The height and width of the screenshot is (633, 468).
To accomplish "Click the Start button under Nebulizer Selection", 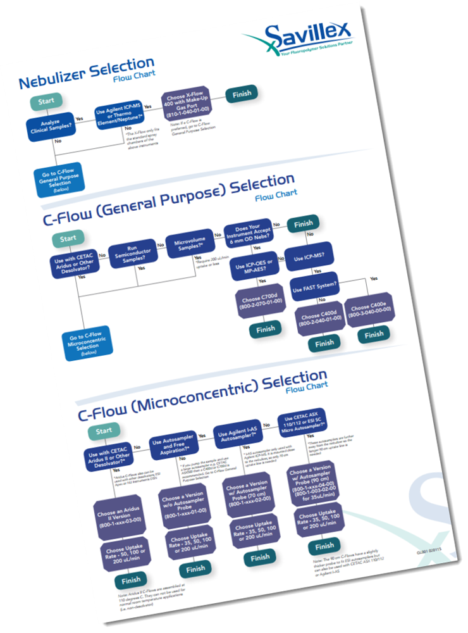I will [x=46, y=101].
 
